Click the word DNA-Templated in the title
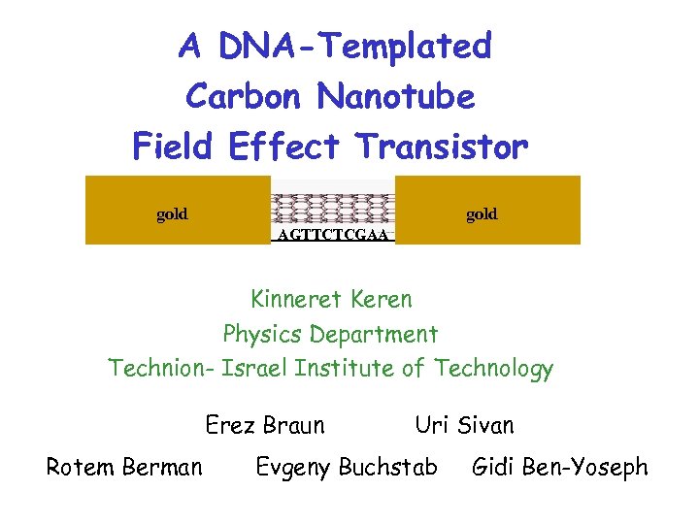click(355, 46)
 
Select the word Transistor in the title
click(442, 147)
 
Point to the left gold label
click(172, 214)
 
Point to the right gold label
click(482, 214)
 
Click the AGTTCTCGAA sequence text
click(332, 235)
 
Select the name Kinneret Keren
click(331, 299)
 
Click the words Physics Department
click(330, 335)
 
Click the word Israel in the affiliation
click(255, 369)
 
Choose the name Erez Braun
click(265, 425)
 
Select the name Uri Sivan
click(464, 425)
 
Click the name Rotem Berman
click(124, 468)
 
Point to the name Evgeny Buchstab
click(346, 468)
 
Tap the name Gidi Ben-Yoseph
click(559, 468)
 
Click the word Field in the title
click(173, 147)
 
